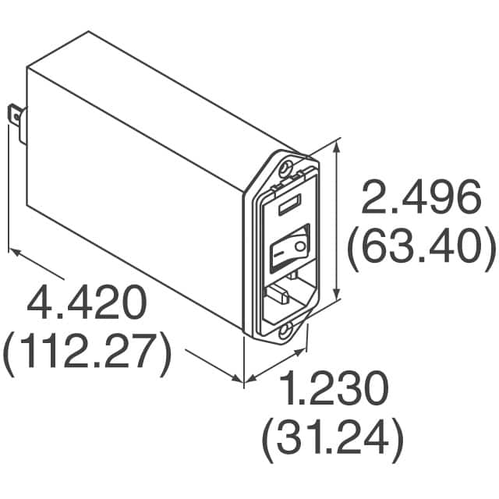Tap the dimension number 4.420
[87, 302]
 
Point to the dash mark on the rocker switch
[280, 254]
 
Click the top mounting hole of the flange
[289, 168]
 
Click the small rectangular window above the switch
[288, 208]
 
